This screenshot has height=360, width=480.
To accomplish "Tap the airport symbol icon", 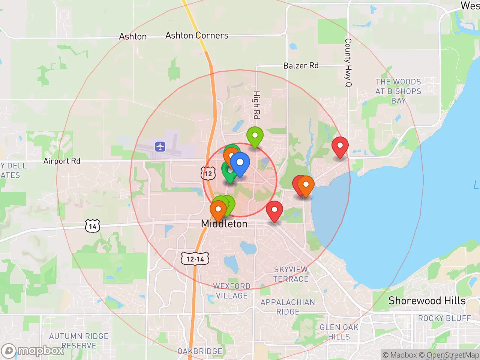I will tap(160, 146).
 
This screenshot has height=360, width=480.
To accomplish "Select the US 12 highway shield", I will tap(208, 173).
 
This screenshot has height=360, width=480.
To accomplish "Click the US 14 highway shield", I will tap(93, 226).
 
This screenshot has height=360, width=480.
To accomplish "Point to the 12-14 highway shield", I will tap(195, 259).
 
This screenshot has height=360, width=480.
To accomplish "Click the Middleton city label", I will tap(224, 224).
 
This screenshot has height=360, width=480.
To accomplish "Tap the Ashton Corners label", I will tap(197, 36).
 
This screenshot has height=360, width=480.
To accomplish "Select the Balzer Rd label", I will tap(301, 66).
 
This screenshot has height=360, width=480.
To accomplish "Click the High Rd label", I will tap(256, 105).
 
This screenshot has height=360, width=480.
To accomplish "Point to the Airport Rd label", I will tap(62, 161).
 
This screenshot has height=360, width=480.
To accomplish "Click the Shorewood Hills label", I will tap(427, 301).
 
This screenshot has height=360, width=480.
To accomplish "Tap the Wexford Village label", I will tap(232, 291).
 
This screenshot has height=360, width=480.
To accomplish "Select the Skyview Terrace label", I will tap(291, 274).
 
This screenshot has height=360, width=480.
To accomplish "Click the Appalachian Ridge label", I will tap(288, 307).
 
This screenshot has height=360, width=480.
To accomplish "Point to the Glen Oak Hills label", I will tap(339, 332).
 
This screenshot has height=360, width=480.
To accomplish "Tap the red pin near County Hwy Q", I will tap(340, 146).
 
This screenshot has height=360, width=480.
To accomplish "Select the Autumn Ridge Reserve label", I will tap(79, 340).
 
